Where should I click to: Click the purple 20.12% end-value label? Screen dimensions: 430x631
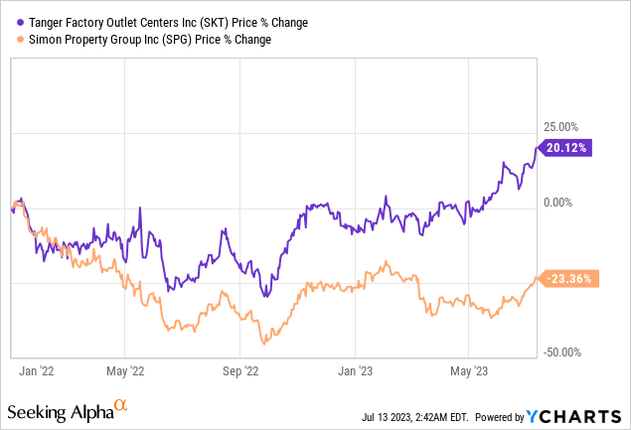point(570,148)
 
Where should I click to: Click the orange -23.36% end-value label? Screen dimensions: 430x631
point(571,279)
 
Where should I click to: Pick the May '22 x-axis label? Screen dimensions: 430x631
point(124,370)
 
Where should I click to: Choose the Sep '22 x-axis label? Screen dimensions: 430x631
point(238,370)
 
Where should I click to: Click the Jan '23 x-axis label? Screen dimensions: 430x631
point(356,370)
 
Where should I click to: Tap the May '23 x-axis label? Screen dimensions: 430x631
point(468,370)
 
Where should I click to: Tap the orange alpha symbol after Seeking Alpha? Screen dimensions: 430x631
point(120,405)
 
